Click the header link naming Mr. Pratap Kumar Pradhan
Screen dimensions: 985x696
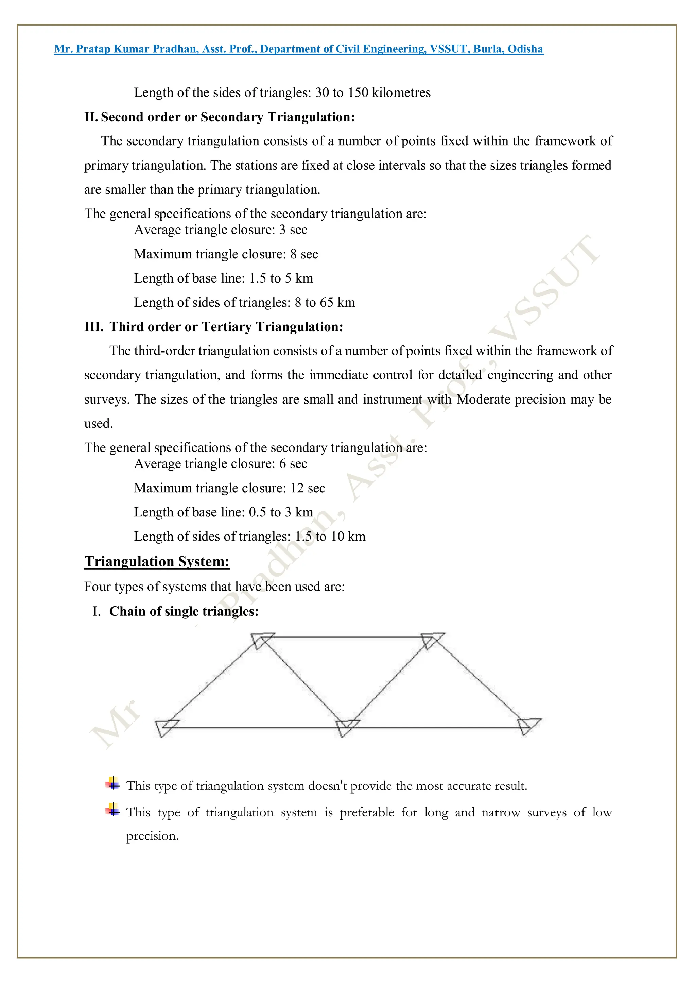tap(298, 49)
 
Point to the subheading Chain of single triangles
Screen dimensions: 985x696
tap(184, 611)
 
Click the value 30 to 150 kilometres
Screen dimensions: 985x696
tap(373, 93)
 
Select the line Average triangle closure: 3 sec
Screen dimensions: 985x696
tap(221, 230)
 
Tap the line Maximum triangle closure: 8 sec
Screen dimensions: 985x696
tap(226, 254)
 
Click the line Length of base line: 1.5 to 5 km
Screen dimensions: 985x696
tap(223, 278)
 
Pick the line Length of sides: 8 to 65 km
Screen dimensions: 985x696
tap(244, 303)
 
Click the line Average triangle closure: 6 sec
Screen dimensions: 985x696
tap(221, 464)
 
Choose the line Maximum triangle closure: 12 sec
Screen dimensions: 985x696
tap(229, 488)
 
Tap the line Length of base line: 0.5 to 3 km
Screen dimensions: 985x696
tap(223, 512)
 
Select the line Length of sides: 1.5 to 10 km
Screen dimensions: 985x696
tap(249, 537)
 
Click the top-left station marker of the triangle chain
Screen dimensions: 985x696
tap(261, 641)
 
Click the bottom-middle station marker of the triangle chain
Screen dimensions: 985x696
tap(345, 728)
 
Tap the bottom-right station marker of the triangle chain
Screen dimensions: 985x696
tap(527, 726)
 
